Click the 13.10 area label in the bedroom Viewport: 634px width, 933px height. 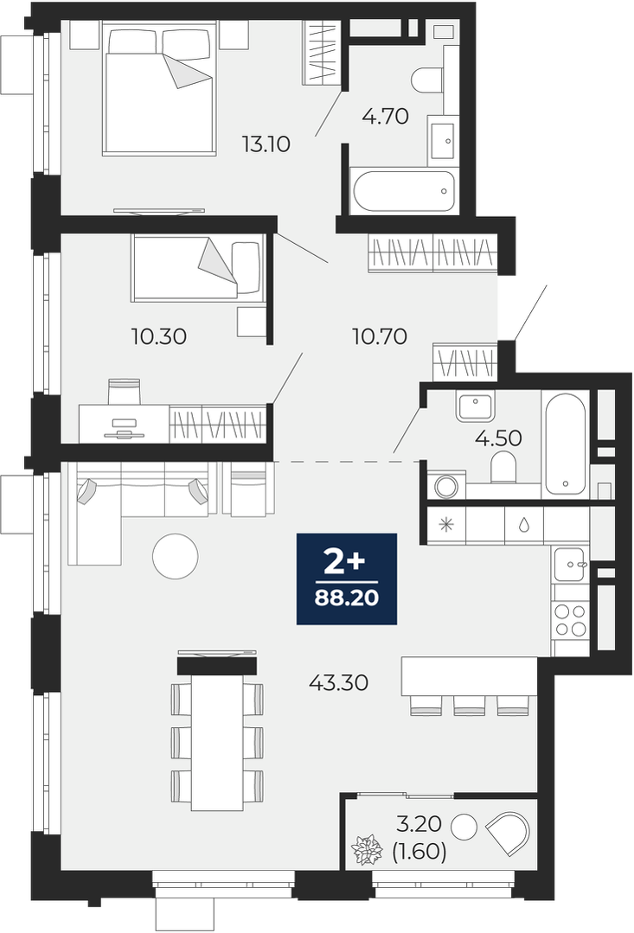pyautogui.click(x=266, y=144)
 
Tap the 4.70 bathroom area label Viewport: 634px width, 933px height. pyautogui.click(x=385, y=116)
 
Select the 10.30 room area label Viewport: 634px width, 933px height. pyautogui.click(x=159, y=336)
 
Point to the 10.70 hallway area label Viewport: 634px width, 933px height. pyautogui.click(x=380, y=336)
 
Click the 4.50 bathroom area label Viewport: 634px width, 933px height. pyautogui.click(x=498, y=438)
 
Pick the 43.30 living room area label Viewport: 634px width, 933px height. pyautogui.click(x=339, y=682)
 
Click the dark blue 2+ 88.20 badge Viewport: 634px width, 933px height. pyautogui.click(x=347, y=579)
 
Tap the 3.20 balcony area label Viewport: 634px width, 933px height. pyautogui.click(x=419, y=824)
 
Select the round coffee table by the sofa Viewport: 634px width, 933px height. pyautogui.click(x=175, y=556)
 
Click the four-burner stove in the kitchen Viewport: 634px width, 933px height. pyautogui.click(x=570, y=619)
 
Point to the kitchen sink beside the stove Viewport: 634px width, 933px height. pyautogui.click(x=570, y=564)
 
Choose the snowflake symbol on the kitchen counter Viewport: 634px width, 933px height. pyautogui.click(x=446, y=525)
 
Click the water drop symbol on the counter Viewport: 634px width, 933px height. pyautogui.click(x=524, y=525)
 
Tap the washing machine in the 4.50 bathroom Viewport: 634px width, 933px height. pyautogui.click(x=446, y=486)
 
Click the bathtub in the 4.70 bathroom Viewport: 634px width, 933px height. pyautogui.click(x=404, y=192)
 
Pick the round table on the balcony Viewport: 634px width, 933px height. pyautogui.click(x=464, y=827)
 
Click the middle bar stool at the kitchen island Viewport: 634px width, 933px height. pyautogui.click(x=470, y=705)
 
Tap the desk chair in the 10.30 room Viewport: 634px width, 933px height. pyautogui.click(x=125, y=392)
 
